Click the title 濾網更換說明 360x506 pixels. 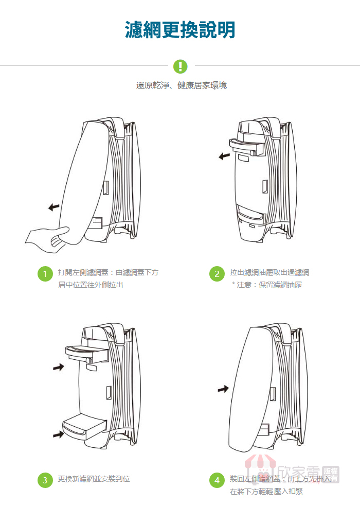point(180,29)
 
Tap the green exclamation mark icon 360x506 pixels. point(180,66)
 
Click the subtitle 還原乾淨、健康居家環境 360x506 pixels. point(181,85)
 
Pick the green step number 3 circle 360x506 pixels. point(45,480)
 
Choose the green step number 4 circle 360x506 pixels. point(217,480)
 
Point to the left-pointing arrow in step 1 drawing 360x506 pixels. point(53,207)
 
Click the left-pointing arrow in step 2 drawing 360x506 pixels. point(224,155)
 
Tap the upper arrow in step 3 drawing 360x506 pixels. point(59,367)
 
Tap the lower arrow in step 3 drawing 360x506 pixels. point(59,435)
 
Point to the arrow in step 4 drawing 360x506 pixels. point(223,389)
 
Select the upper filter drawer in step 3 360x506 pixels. point(85,353)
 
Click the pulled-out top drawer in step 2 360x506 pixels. point(246,146)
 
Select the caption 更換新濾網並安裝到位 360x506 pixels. point(94,479)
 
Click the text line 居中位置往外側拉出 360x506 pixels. point(91,285)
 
